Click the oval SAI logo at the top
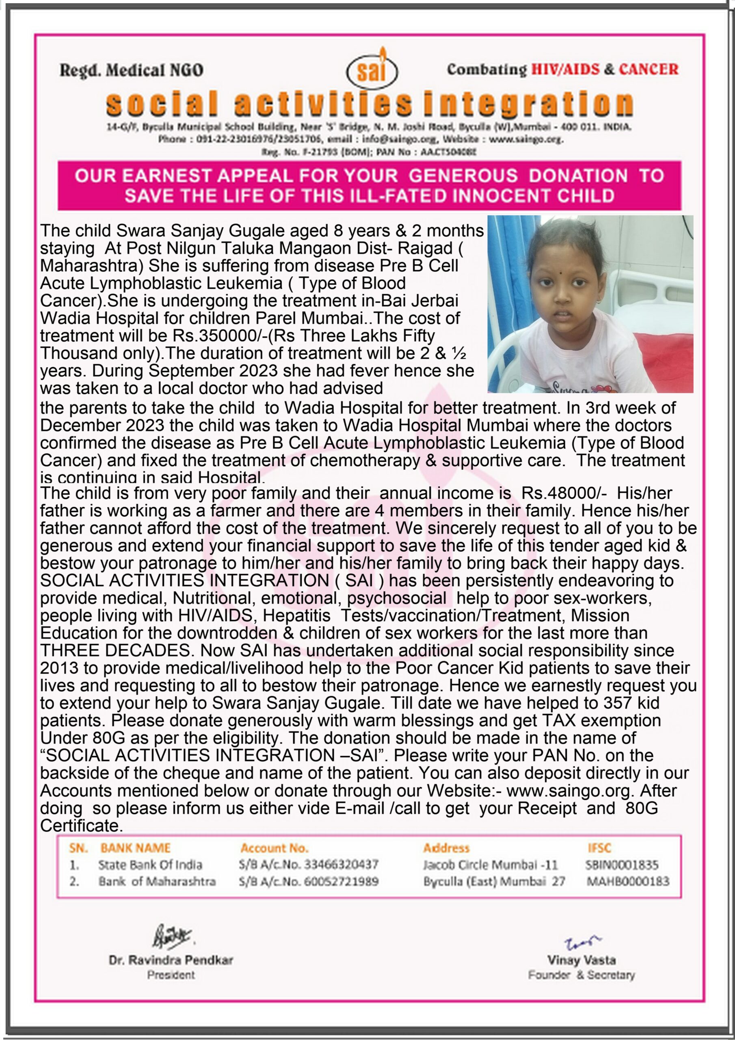pos(371,71)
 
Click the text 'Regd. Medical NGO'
pos(131,70)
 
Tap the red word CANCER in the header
pos(649,69)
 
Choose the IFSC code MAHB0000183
pos(627,882)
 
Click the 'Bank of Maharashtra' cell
pos(157,882)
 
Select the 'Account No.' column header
pos(274,848)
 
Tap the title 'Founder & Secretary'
pos(581,975)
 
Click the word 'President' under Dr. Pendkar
pos(171,975)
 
